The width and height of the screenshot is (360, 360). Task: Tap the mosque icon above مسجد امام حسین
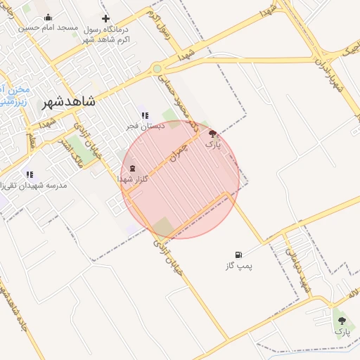tap(48, 18)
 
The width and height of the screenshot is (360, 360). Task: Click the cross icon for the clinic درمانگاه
tap(105, 18)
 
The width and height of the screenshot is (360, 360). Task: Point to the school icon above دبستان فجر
tap(144, 116)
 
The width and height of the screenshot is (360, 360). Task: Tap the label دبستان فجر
tap(145, 126)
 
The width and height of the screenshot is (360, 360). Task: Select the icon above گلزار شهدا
tap(134, 169)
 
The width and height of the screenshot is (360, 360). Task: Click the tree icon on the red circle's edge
tap(212, 133)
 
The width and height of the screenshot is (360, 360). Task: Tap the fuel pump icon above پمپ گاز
tap(239, 255)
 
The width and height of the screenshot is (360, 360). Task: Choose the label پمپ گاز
tap(239, 266)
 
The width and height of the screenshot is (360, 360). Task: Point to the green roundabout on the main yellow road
tap(157, 69)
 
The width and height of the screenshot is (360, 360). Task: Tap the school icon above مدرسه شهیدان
tap(30, 174)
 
